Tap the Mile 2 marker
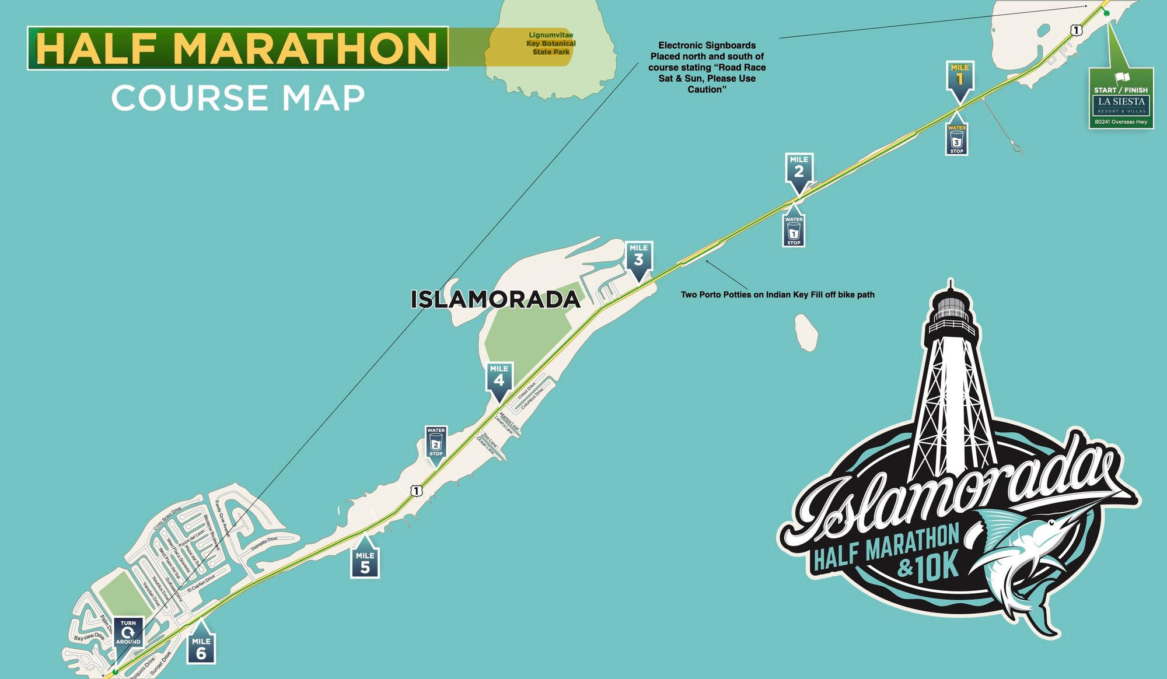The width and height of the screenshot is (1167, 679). (799, 169)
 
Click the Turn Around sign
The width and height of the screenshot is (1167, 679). (128, 632)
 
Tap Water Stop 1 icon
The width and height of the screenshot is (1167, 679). (794, 231)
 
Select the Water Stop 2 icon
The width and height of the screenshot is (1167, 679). (436, 442)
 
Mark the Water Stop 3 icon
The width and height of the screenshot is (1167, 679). (956, 139)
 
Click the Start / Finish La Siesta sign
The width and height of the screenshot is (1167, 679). (1121, 99)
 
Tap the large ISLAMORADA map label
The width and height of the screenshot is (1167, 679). (495, 299)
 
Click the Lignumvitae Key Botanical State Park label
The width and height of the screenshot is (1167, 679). (551, 44)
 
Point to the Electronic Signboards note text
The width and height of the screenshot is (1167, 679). (707, 67)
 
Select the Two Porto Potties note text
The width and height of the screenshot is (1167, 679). (777, 295)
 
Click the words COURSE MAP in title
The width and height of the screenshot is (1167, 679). (238, 98)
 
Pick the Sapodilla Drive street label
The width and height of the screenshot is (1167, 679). (264, 544)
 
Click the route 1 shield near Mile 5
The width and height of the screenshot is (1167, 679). (416, 491)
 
